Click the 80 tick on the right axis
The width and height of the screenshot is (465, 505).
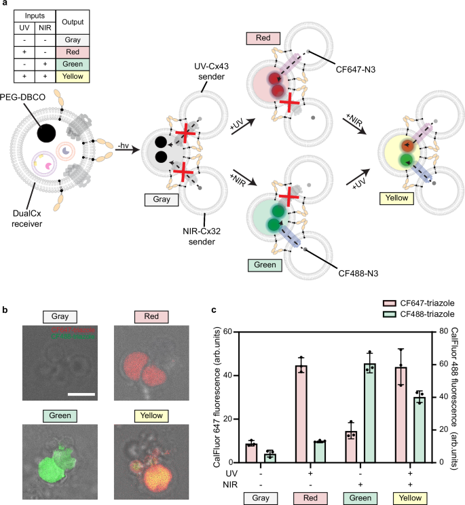(439, 332)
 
